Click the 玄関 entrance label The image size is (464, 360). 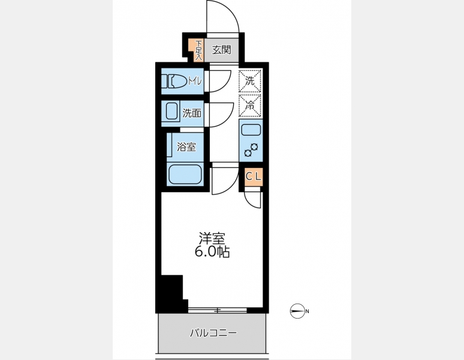221,50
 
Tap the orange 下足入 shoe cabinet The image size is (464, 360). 198,50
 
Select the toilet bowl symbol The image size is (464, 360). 174,81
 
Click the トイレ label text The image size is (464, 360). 195,80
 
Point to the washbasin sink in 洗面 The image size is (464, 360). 171,111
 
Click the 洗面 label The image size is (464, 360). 192,113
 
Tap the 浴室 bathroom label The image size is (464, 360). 186,147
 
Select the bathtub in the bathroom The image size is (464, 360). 185,174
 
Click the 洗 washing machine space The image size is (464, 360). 251,81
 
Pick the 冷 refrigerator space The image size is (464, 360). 251,106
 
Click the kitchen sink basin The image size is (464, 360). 251,130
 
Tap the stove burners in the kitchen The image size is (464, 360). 251,149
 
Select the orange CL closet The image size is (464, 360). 254,177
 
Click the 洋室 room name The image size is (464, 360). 212,238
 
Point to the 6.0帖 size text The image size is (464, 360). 212,251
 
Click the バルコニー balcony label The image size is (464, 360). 213,334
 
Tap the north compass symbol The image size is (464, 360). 297,311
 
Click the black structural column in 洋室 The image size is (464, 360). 173,293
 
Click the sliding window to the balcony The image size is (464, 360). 218,310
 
